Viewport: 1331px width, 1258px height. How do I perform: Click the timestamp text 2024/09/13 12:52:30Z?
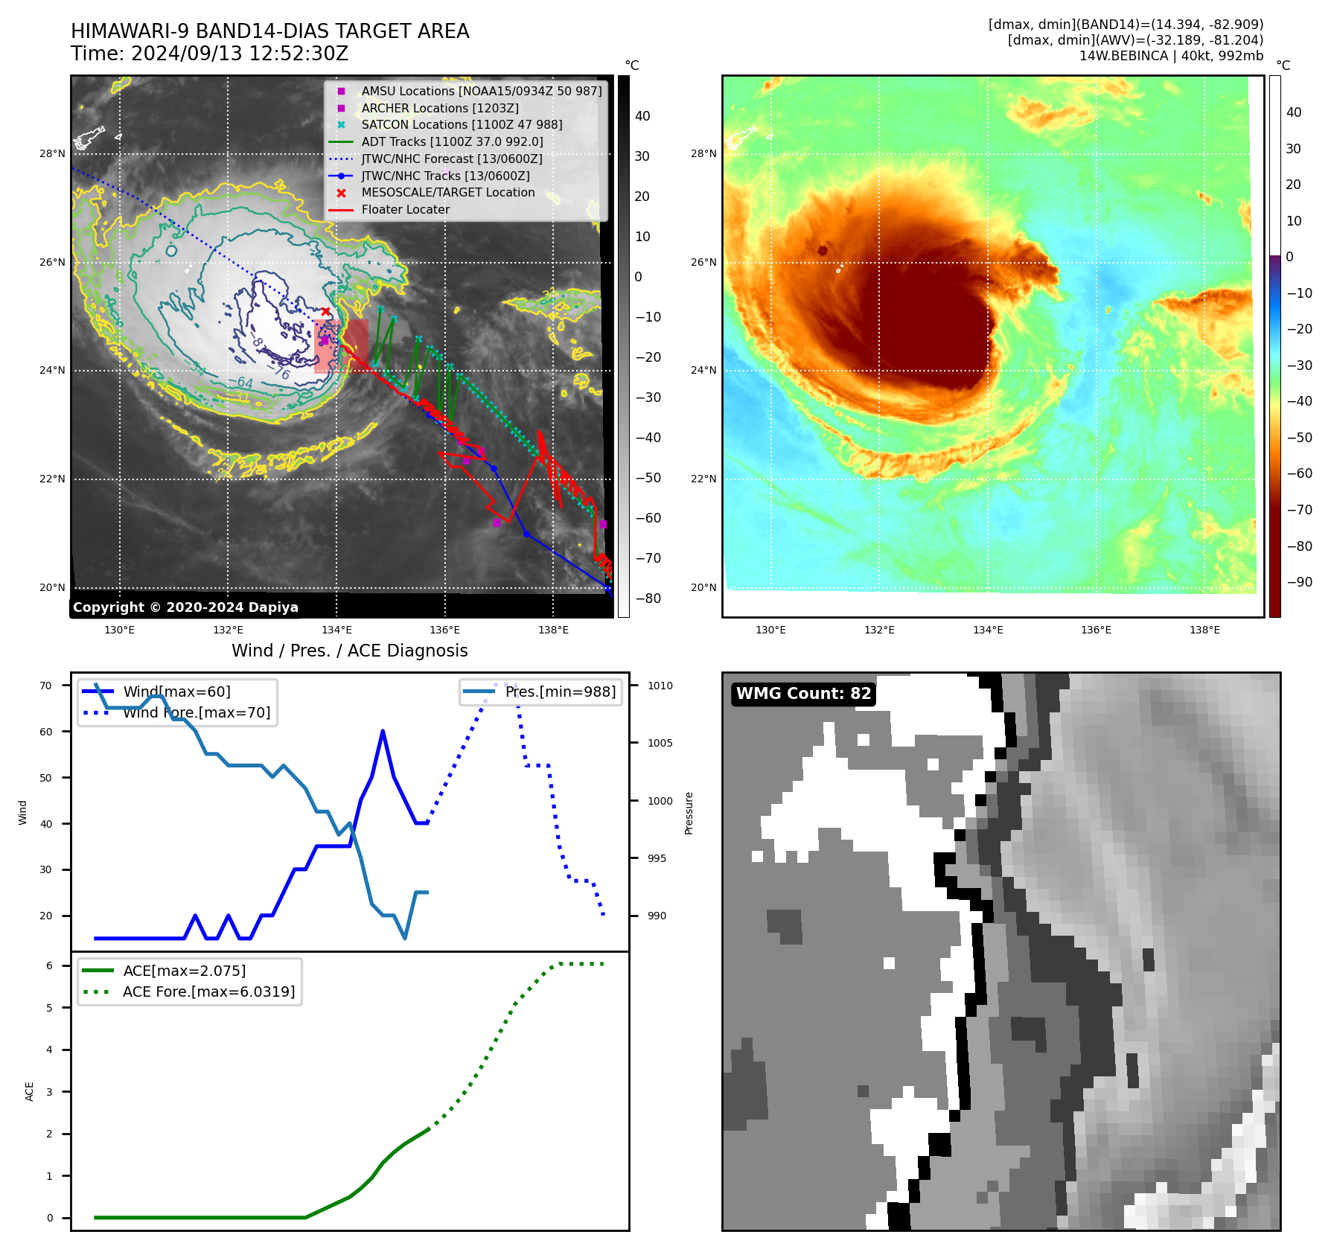click(x=240, y=54)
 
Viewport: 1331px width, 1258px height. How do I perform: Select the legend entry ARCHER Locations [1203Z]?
click(x=439, y=108)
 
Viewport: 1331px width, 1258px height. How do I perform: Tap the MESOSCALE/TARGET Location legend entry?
click(x=447, y=193)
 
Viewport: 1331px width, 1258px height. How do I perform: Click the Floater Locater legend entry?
click(x=405, y=210)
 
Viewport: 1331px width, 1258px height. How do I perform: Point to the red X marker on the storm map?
click(x=325, y=311)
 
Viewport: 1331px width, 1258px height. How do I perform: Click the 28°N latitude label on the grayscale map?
click(x=52, y=154)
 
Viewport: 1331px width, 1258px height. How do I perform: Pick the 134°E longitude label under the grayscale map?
click(x=336, y=630)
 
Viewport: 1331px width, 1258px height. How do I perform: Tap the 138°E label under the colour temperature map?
click(x=1204, y=630)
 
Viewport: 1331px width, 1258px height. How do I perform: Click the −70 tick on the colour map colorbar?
click(x=1300, y=510)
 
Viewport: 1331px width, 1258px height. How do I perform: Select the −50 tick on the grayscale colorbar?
click(x=648, y=478)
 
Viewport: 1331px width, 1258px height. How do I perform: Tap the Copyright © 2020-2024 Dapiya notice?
click(x=185, y=607)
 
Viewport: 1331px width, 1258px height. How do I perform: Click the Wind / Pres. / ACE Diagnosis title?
click(x=349, y=651)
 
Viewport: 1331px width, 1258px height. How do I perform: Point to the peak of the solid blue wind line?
click(x=383, y=731)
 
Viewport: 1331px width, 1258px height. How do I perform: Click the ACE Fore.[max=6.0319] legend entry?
click(x=208, y=992)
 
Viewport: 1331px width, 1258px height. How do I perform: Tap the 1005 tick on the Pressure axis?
click(x=660, y=743)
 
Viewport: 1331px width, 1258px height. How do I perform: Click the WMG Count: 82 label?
click(x=803, y=694)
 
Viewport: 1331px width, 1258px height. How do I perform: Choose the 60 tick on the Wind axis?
click(x=46, y=732)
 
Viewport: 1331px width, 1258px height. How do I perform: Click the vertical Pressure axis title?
click(x=689, y=813)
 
